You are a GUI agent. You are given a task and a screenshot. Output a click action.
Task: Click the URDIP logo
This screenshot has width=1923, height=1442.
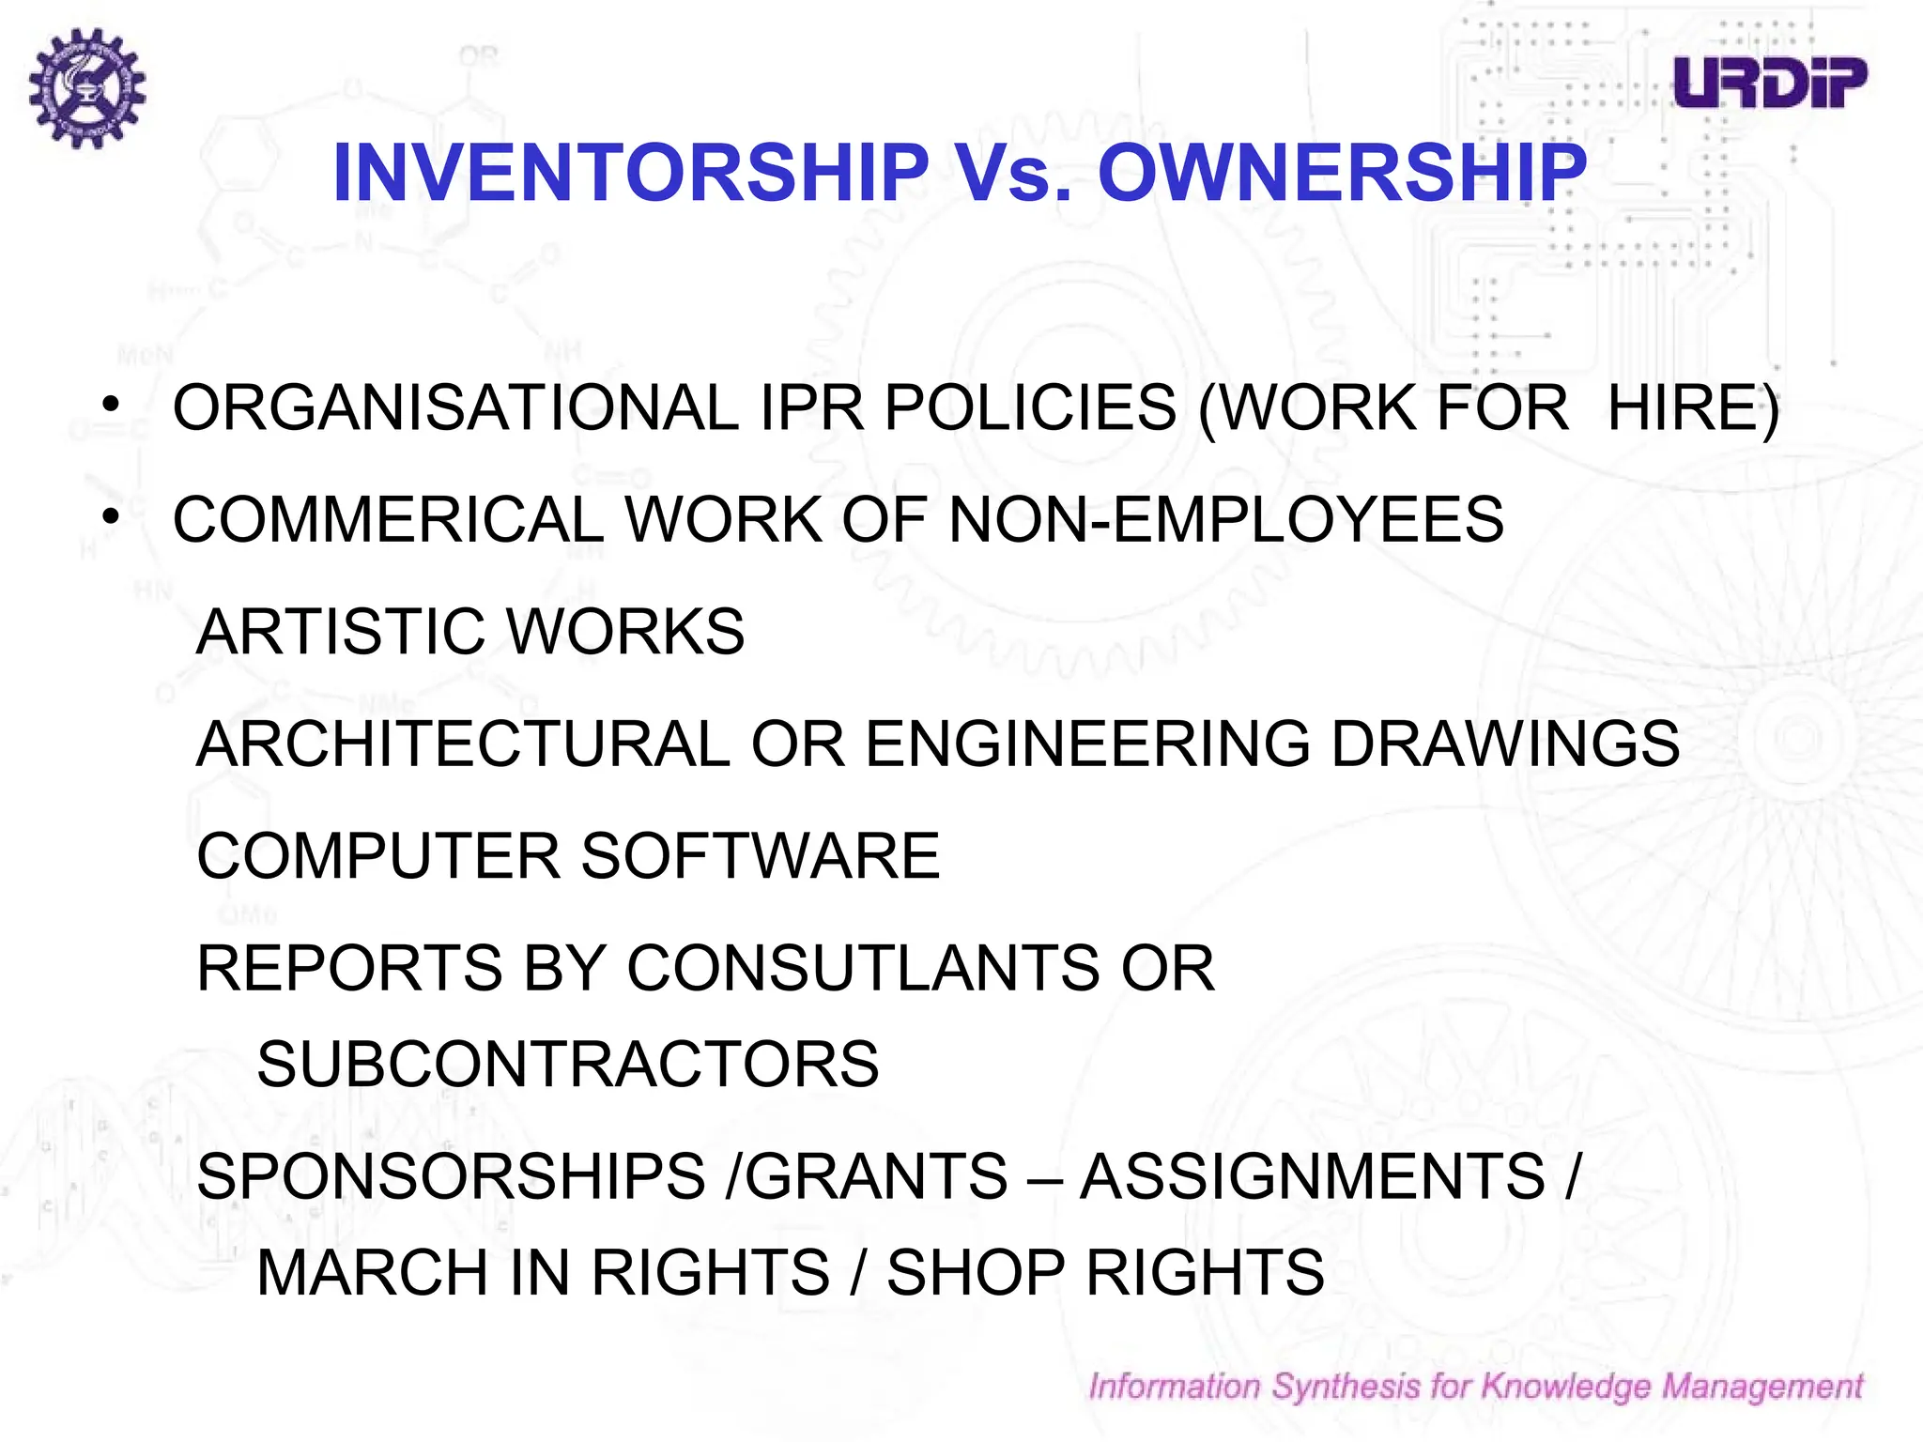1770,83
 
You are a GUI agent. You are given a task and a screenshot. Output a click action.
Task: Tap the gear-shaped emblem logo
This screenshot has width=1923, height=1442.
86,87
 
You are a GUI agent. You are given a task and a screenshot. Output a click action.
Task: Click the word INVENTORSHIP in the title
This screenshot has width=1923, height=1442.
631,173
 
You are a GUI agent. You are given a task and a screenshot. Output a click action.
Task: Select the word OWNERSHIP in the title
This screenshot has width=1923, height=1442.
1342,173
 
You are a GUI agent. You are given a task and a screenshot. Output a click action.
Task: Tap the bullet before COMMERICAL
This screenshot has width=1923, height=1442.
112,516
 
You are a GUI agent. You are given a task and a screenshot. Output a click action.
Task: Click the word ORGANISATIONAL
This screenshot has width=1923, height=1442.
456,408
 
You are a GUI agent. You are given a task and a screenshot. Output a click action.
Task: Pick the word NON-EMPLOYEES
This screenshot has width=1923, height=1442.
1226,519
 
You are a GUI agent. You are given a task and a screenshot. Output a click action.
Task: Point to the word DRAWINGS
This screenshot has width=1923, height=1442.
1505,744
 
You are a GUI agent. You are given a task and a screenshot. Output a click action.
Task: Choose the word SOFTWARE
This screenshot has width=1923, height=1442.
761,856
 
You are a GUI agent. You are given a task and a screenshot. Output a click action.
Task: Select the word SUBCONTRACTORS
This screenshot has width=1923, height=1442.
568,1064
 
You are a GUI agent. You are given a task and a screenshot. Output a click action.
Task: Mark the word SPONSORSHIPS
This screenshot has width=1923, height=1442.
451,1175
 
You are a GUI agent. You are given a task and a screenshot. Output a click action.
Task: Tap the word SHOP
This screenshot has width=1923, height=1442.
976,1272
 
